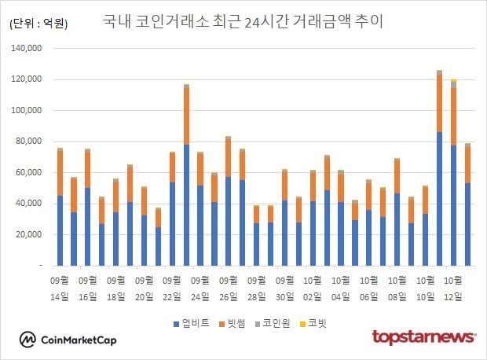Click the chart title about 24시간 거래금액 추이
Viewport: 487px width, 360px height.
(x=243, y=21)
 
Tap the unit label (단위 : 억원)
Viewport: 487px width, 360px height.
(x=38, y=24)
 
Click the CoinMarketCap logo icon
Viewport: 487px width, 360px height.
(x=29, y=339)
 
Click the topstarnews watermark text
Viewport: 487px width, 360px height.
(x=423, y=337)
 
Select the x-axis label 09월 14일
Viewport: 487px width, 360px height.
(x=60, y=287)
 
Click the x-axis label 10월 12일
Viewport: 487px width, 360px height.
(x=453, y=287)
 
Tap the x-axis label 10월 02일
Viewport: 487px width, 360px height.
(x=313, y=287)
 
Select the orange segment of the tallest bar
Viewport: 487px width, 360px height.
(x=439, y=103)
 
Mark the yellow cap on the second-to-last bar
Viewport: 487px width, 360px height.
(x=453, y=80)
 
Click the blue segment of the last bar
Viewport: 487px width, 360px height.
(x=467, y=224)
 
